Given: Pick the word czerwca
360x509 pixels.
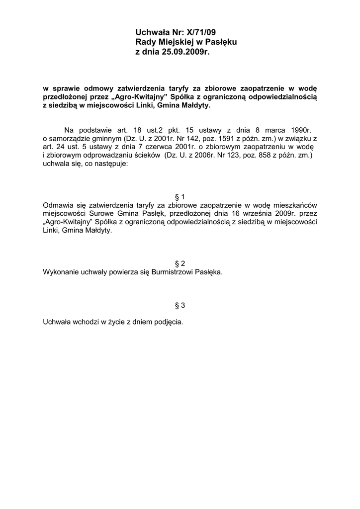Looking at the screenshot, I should [x=160, y=147].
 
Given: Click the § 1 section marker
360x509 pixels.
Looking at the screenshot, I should [x=180, y=197].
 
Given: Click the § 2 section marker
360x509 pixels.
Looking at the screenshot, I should [x=180, y=263].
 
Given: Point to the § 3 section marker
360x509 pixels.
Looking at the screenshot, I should [x=180, y=305].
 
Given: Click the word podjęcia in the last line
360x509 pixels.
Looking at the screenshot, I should [x=168, y=322].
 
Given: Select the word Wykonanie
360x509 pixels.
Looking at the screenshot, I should [x=61, y=272].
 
